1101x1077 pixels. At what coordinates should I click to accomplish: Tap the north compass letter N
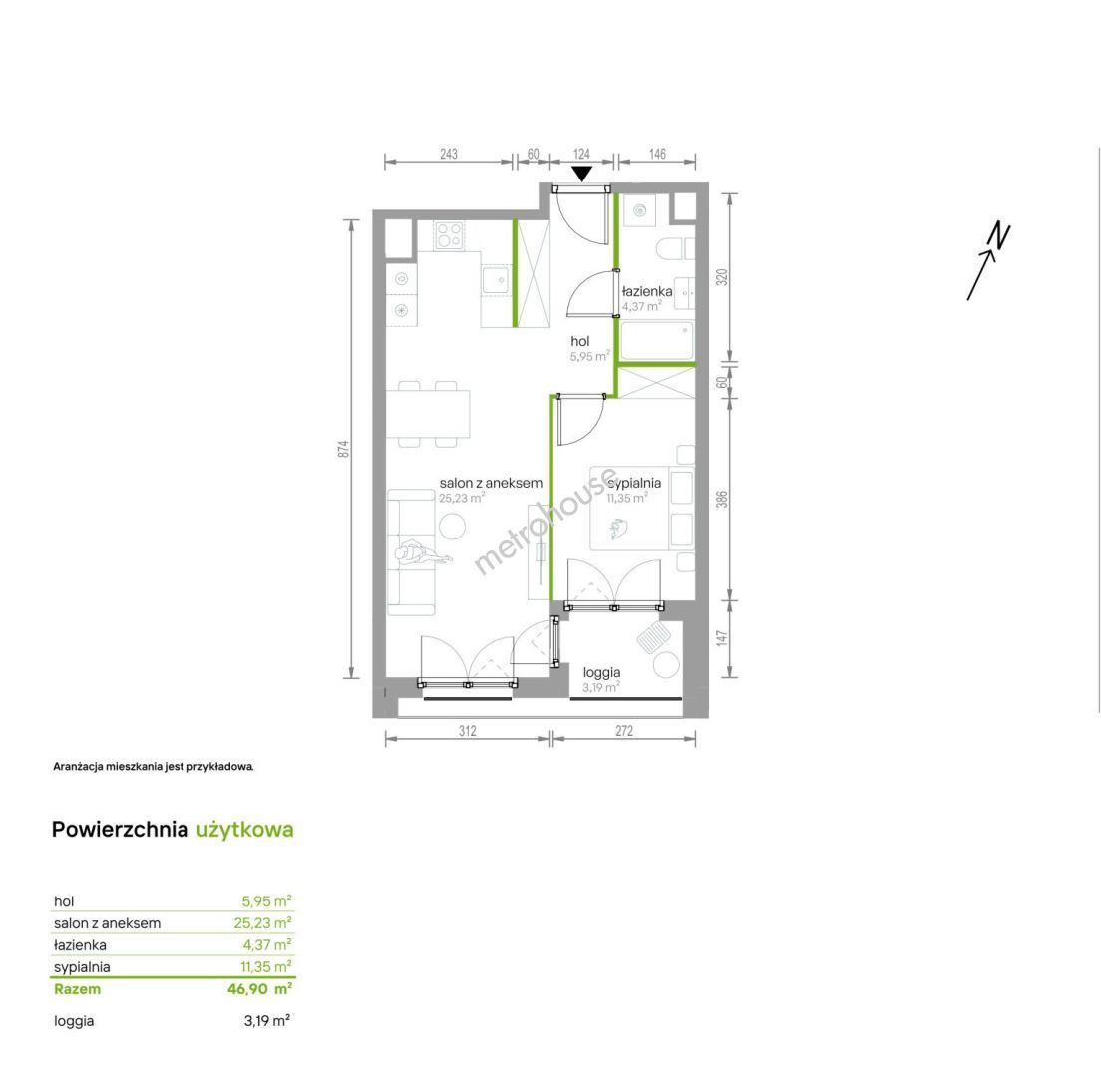tap(999, 236)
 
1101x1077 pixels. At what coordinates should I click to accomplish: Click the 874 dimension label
tap(343, 450)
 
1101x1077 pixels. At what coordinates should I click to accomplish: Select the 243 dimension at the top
tap(449, 154)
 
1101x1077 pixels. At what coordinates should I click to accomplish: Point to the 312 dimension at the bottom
tap(468, 731)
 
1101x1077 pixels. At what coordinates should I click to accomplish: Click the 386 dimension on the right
tap(722, 500)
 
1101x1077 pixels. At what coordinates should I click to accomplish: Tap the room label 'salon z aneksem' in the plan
tap(491, 483)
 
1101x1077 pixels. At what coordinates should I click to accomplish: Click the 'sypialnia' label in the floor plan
tap(634, 483)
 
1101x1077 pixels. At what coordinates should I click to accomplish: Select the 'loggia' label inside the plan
tap(601, 672)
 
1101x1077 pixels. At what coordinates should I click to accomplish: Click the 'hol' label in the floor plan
tap(580, 341)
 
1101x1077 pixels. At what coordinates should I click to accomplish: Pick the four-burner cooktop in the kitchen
tap(449, 235)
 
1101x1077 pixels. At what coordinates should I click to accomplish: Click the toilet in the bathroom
tap(675, 249)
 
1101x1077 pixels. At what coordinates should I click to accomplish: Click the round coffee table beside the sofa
tap(452, 526)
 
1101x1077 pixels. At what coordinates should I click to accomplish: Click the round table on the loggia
tap(666, 664)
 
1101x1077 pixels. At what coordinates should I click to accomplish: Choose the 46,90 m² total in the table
tap(260, 989)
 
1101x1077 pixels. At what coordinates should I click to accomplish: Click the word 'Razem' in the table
tap(77, 989)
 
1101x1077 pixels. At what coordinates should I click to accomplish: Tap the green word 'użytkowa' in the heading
tap(245, 830)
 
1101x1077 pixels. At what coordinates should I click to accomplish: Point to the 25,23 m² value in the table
tap(262, 923)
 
